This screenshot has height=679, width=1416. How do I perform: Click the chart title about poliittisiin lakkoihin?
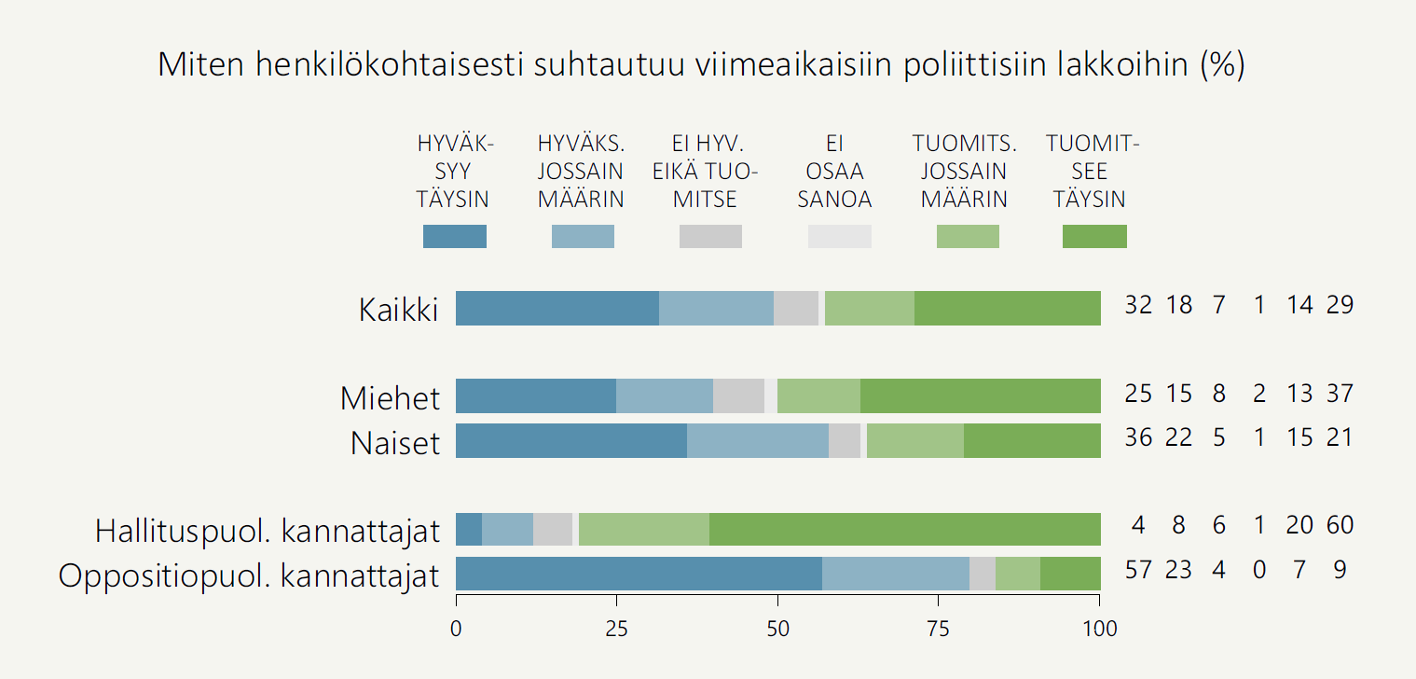point(701,64)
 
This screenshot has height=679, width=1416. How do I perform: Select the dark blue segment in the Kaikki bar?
point(557,308)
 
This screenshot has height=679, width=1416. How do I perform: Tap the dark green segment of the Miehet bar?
point(980,396)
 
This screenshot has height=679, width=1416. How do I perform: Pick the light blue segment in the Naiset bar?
point(758,441)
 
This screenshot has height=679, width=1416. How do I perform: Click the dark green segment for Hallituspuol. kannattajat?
point(904,530)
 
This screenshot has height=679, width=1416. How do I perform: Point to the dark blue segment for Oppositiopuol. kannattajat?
point(639,575)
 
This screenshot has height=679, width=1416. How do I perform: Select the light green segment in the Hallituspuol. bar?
point(643,530)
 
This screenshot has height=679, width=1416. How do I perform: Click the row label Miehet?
point(390,398)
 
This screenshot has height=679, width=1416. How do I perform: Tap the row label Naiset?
point(394,443)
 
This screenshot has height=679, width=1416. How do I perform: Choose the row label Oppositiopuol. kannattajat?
point(248,576)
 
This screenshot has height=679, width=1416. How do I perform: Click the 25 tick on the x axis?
point(617,630)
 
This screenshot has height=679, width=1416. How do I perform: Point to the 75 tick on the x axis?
point(939,630)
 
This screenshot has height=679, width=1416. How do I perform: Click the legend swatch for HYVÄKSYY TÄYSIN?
point(455,237)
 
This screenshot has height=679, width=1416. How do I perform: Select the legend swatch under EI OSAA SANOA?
point(839,237)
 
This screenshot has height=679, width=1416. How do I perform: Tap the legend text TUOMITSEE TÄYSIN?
point(1093,172)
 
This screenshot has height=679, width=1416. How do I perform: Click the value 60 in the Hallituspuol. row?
point(1340,525)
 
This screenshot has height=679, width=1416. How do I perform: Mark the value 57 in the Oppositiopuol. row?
point(1138,570)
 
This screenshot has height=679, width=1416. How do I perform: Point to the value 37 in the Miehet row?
point(1340,393)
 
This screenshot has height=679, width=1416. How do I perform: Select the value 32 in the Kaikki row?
point(1138,305)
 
